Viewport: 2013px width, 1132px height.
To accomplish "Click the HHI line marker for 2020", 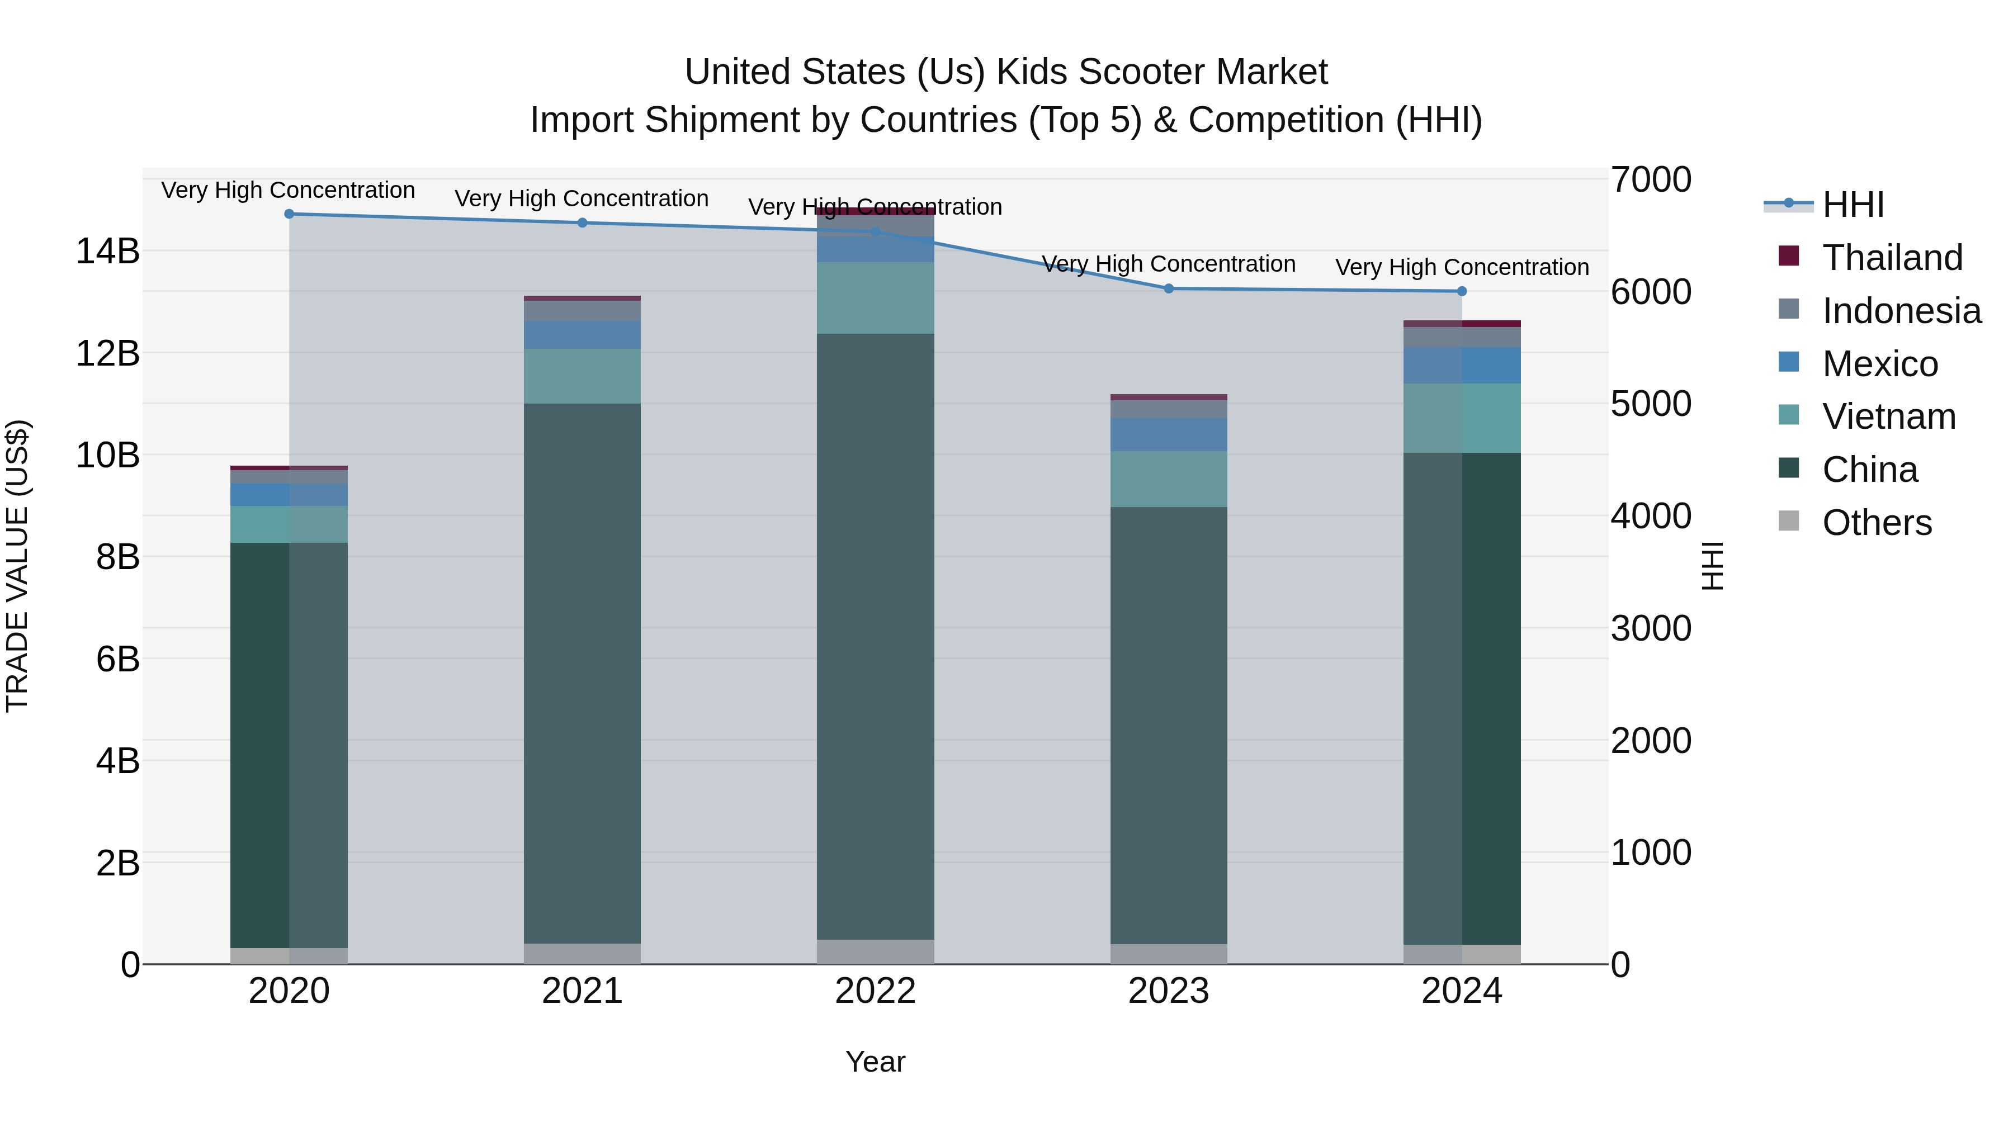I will pyautogui.click(x=289, y=214).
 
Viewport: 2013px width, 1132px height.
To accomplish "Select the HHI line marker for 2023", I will pyautogui.click(x=1168, y=289).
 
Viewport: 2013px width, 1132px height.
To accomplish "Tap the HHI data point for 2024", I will pyautogui.click(x=1461, y=291).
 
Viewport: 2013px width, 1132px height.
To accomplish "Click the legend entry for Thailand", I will pyautogui.click(x=1891, y=258).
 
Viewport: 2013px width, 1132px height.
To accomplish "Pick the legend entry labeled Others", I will pyautogui.click(x=1875, y=523).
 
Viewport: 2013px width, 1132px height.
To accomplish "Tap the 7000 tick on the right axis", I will pyautogui.click(x=1651, y=179).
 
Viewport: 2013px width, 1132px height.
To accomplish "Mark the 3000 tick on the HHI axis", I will pyautogui.click(x=1651, y=629).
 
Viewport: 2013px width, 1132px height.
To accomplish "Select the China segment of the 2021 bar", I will pyautogui.click(x=582, y=672).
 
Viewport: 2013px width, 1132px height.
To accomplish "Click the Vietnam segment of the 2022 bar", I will pyautogui.click(x=875, y=299).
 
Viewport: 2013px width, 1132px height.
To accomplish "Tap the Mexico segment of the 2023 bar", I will pyautogui.click(x=1168, y=434).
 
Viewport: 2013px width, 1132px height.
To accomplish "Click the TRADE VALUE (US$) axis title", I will pyautogui.click(x=17, y=566).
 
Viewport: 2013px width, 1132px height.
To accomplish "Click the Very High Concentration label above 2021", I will pyautogui.click(x=582, y=198).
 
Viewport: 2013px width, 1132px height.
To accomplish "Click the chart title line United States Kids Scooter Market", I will pyautogui.click(x=1006, y=72).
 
